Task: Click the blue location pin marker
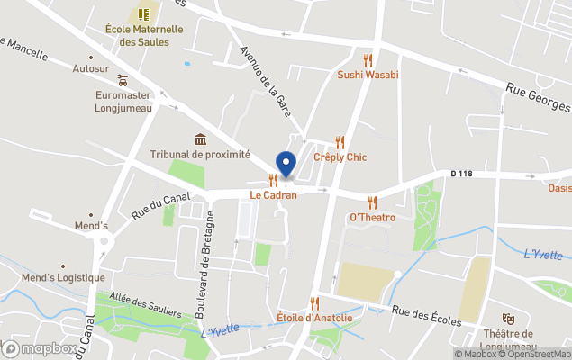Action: [286, 165]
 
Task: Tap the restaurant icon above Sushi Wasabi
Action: [368, 60]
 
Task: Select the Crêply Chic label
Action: [340, 157]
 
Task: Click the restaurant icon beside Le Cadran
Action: [273, 180]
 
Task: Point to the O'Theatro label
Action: [373, 218]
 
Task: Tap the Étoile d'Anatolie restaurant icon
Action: [314, 303]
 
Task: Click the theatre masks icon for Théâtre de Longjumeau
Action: [508, 318]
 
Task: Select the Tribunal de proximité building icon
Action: [200, 139]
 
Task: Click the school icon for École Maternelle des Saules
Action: [142, 14]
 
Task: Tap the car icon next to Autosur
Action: [123, 81]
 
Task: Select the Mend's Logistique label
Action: [64, 277]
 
